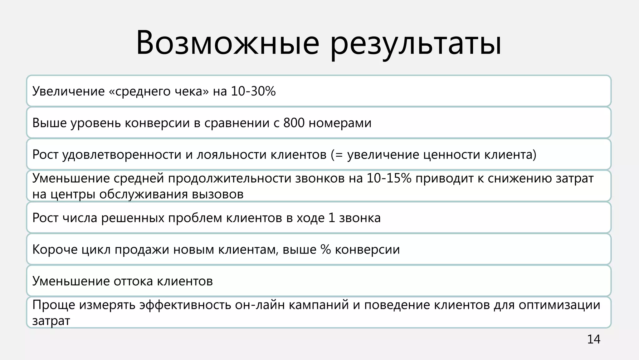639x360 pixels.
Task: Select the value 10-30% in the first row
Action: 253,91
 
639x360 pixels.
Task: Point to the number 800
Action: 294,123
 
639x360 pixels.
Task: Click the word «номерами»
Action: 340,123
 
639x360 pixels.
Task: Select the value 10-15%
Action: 389,178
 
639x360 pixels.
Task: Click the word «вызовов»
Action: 217,194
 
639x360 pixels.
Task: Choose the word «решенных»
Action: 133,218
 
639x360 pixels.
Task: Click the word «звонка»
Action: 360,218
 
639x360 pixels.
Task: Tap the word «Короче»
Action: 55,250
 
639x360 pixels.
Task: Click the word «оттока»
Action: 133,281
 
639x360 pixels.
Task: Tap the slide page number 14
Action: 593,339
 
